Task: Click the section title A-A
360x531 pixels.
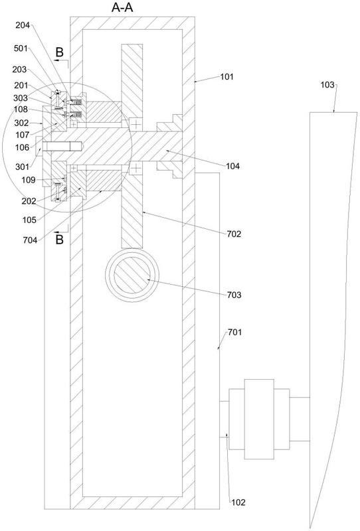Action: click(122, 7)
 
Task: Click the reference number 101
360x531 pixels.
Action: click(226, 77)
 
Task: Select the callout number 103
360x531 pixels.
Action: click(327, 85)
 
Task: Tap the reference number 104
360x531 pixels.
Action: click(232, 166)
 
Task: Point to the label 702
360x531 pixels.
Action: click(234, 234)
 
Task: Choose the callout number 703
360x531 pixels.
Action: click(234, 295)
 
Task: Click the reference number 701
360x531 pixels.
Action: click(235, 333)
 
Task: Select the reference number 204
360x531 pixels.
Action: click(23, 25)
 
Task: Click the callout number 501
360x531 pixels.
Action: click(21, 48)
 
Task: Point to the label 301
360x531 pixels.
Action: click(23, 167)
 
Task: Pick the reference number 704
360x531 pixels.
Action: click(30, 240)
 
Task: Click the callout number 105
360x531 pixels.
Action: click(29, 220)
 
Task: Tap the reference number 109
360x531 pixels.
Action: click(29, 180)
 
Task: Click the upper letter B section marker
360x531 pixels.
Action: click(59, 52)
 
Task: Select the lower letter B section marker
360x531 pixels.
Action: click(59, 240)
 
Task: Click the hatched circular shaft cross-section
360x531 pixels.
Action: click(132, 275)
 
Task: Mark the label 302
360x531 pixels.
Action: click(22, 123)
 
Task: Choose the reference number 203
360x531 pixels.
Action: click(19, 70)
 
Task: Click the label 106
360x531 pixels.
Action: click(23, 147)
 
